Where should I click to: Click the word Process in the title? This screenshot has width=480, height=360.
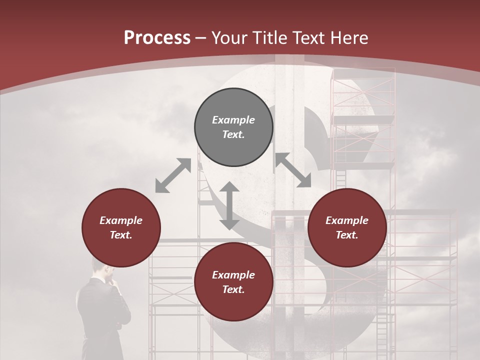(157, 37)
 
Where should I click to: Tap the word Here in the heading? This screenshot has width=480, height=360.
(348, 37)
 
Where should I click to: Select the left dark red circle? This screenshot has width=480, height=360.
(121, 250)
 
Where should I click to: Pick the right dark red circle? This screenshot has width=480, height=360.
(347, 250)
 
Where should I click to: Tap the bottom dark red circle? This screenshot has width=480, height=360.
(233, 305)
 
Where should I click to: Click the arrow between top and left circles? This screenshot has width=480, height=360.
(173, 175)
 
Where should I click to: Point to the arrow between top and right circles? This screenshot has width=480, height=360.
(293, 170)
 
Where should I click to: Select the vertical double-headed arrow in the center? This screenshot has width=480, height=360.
(229, 205)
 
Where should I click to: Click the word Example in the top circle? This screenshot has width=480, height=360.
(233, 120)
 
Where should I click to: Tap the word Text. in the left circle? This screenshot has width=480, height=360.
(121, 235)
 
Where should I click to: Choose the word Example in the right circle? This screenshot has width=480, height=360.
(347, 220)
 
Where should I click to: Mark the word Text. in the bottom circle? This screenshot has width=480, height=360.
(233, 289)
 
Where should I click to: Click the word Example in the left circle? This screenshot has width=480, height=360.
(121, 220)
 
